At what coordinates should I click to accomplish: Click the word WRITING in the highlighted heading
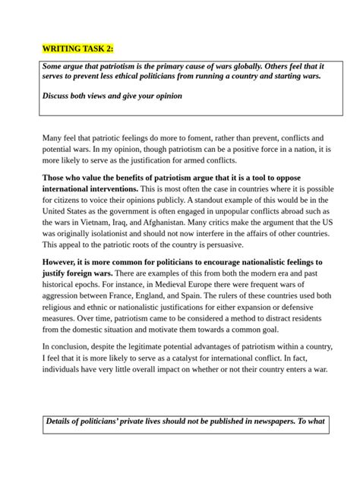point(65,49)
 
